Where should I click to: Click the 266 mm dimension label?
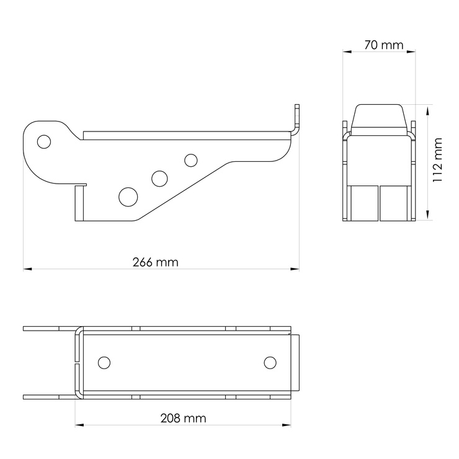pyautogui.click(x=155, y=262)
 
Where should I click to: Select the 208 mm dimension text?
pyautogui.click(x=183, y=418)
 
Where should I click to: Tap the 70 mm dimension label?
pyautogui.click(x=384, y=45)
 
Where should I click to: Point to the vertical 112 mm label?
pyautogui.click(x=437, y=160)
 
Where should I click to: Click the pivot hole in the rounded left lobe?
pyautogui.click(x=44, y=141)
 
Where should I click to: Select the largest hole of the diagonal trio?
pyautogui.click(x=128, y=197)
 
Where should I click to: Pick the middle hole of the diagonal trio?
pyautogui.click(x=159, y=179)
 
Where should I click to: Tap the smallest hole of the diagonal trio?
pyautogui.click(x=191, y=161)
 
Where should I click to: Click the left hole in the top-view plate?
pyautogui.click(x=104, y=363)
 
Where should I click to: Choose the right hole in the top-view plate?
pyautogui.click(x=270, y=363)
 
